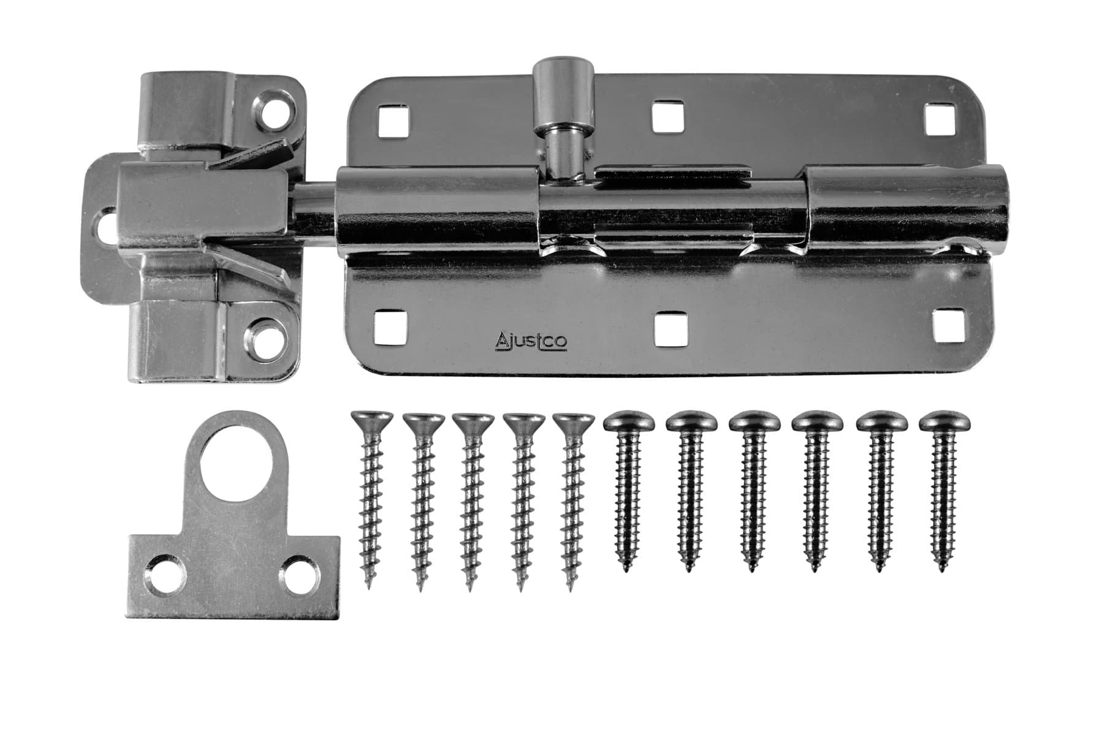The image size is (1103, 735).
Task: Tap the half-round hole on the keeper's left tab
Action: click(105, 227)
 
